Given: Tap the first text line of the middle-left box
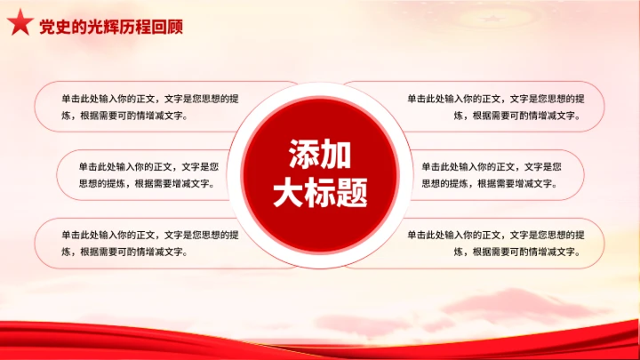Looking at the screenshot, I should click(149, 166).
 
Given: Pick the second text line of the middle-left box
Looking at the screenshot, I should click(149, 184).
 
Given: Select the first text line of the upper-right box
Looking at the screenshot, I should click(496, 98).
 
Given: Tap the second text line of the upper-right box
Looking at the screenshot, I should click(516, 116).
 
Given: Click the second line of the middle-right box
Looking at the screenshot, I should click(489, 184).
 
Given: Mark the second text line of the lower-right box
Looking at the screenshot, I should click(516, 252).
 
